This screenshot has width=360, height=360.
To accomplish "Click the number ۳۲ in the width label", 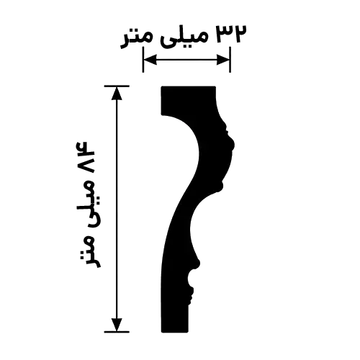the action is [x=232, y=34].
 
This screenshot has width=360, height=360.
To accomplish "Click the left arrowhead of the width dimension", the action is [x=150, y=60].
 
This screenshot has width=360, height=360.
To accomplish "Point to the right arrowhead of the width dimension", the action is [x=223, y=60].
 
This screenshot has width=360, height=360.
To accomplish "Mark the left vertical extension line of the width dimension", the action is [x=143, y=60].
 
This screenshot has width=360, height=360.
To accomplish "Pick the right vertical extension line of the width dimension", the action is [x=230, y=60].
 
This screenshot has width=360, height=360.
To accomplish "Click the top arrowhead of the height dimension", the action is [x=117, y=93].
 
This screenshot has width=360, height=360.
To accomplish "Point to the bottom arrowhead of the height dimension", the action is [x=117, y=325].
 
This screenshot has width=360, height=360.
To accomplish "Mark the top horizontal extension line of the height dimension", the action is [x=117, y=86].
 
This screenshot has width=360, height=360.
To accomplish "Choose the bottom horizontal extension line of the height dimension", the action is [x=117, y=332].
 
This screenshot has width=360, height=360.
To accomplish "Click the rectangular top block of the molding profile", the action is [x=188, y=100].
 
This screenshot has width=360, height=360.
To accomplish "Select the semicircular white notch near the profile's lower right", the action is [x=192, y=279].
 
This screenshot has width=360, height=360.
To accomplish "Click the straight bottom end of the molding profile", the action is [x=175, y=332].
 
